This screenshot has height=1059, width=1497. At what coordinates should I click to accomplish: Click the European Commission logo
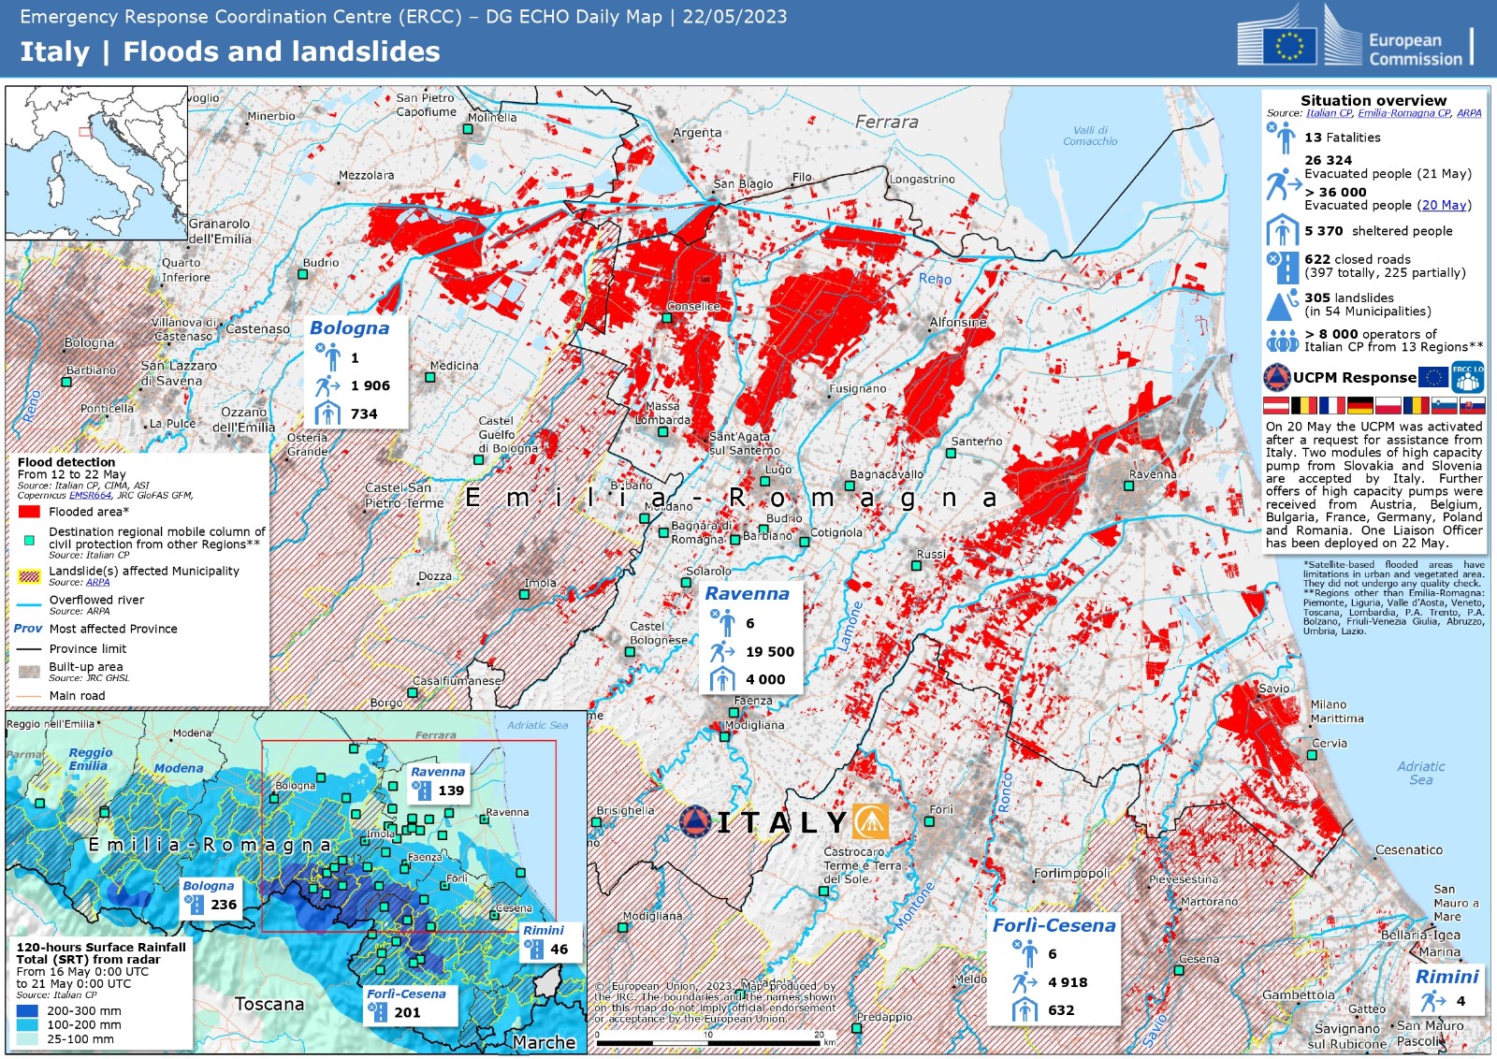(x=1354, y=38)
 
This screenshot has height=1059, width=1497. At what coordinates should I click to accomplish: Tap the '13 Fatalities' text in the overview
(x=1342, y=138)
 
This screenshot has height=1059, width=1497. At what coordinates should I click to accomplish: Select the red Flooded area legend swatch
(x=29, y=512)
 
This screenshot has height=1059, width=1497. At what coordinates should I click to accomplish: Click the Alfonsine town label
(x=958, y=322)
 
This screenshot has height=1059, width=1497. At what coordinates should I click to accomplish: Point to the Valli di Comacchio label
(x=1090, y=136)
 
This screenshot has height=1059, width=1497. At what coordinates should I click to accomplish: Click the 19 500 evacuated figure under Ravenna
(x=769, y=651)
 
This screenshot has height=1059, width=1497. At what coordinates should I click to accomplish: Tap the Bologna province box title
(x=349, y=328)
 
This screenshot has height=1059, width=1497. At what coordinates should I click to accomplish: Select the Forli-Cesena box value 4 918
(x=1068, y=982)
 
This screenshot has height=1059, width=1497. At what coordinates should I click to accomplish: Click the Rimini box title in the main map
(x=1446, y=977)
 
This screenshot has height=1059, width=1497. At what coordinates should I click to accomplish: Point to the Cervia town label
(x=1330, y=744)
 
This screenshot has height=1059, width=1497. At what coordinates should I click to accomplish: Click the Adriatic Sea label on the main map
(x=1420, y=773)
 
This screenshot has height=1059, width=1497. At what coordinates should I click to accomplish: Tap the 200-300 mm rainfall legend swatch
(x=28, y=1010)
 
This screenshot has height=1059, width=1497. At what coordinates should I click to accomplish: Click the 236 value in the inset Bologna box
(x=224, y=905)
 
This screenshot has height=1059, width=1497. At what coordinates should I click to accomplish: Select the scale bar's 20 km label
(x=819, y=1035)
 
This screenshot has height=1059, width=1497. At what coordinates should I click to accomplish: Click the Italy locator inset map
(x=96, y=163)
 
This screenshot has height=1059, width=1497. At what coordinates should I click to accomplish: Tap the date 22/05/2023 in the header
(x=734, y=17)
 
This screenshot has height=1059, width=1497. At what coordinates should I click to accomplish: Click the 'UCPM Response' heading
(x=1354, y=378)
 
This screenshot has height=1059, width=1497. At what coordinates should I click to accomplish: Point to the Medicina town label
(x=454, y=366)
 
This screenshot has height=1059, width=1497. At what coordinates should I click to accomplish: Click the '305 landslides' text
(x=1348, y=297)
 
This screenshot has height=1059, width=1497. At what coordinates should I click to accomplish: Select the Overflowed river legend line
(x=29, y=604)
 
